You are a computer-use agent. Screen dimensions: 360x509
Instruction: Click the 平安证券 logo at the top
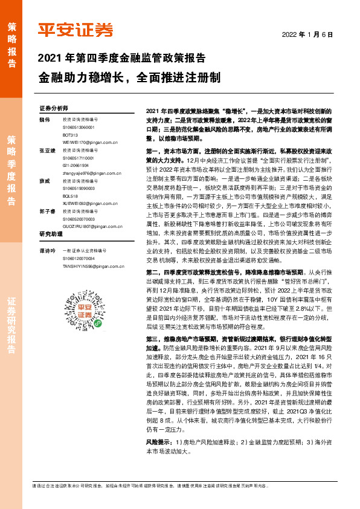point(76,30)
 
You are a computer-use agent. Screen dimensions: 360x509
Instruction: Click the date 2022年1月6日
point(308,34)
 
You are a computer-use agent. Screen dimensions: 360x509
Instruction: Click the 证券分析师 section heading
point(54,108)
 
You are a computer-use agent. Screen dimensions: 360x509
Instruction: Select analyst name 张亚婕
point(47,150)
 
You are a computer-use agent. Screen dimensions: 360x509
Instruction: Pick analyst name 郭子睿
point(47,211)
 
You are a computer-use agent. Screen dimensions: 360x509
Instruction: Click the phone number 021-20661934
point(79,164)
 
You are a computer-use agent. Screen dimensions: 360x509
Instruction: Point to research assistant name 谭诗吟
point(47,249)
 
